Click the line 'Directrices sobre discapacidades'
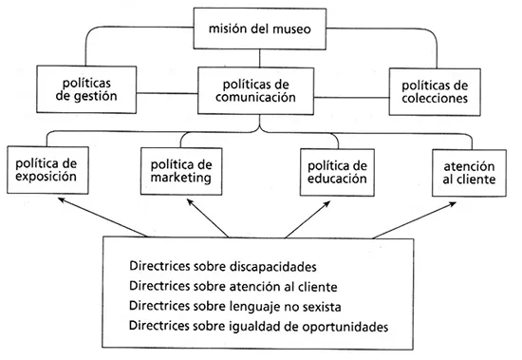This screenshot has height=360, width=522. [223, 267]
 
